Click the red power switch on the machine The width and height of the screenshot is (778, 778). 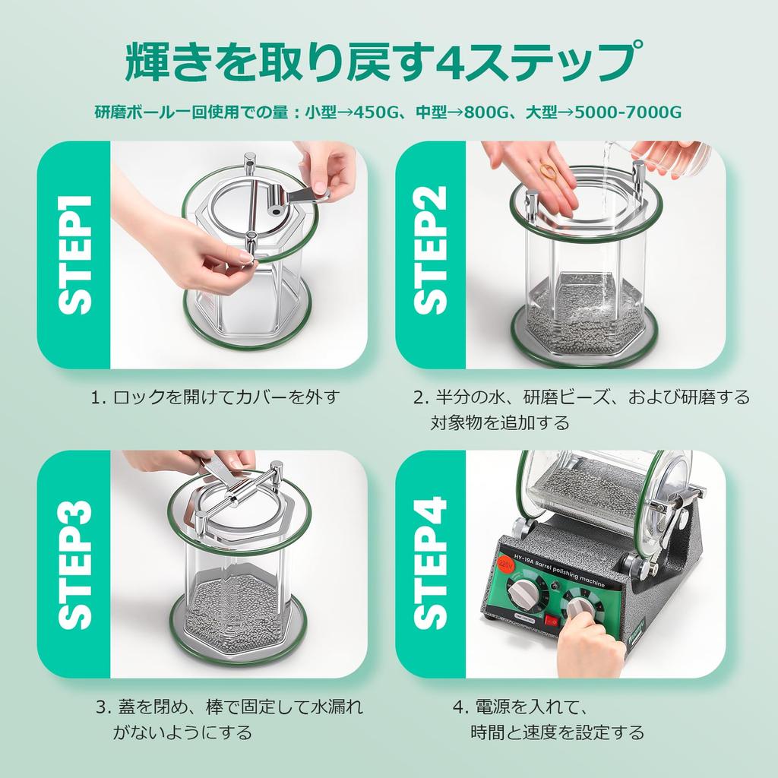552,621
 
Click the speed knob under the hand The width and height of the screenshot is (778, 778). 579,608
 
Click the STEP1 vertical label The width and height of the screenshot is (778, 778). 74,255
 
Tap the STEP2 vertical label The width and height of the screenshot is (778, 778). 432,255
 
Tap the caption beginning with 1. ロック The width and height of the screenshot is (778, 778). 213,397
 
